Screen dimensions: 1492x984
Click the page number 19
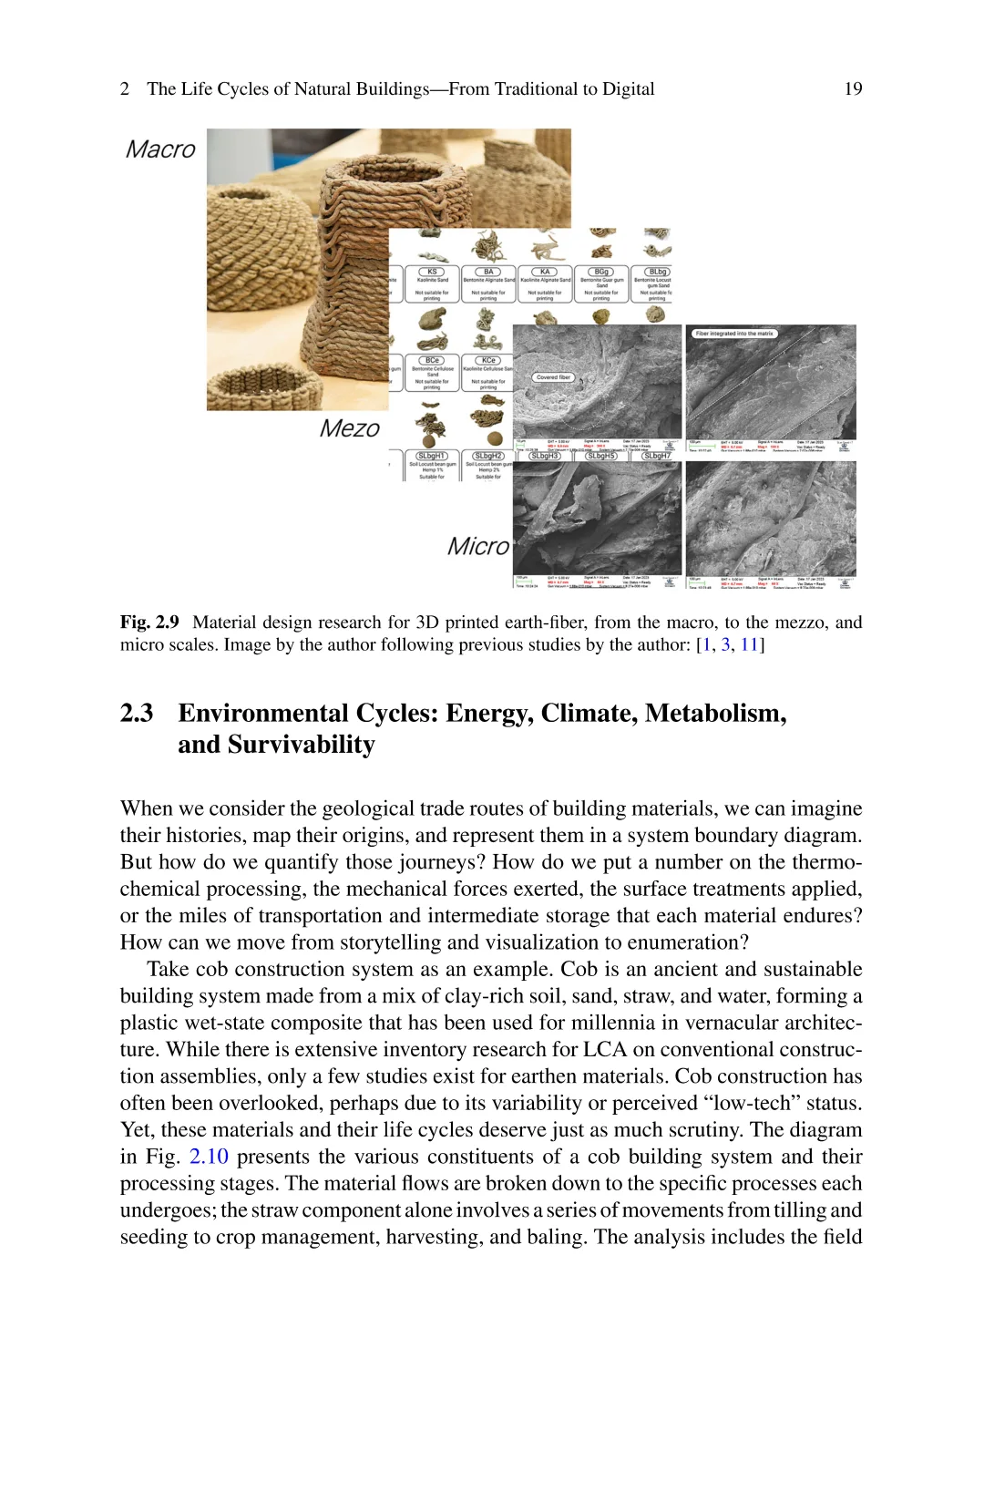[x=853, y=88]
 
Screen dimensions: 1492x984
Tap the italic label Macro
[x=160, y=149]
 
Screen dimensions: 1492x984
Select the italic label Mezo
[x=349, y=428]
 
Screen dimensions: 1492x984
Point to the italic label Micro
[x=477, y=546]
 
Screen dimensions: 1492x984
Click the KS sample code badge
[x=432, y=272]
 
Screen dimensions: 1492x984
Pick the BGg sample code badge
[x=601, y=272]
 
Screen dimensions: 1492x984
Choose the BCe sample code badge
[x=432, y=360]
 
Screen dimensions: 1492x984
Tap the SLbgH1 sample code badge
[x=432, y=456]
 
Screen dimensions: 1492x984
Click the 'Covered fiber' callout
[x=553, y=376]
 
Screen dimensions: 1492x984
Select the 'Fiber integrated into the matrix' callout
[x=734, y=334]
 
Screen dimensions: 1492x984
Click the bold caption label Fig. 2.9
[x=149, y=623]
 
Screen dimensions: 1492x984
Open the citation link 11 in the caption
[x=749, y=645]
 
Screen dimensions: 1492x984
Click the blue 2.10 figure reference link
[x=209, y=1157]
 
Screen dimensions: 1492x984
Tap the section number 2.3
[x=137, y=713]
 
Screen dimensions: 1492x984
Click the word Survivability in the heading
[x=301, y=745]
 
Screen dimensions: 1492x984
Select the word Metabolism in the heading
[x=715, y=713]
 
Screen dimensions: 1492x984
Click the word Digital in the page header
[x=628, y=88]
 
